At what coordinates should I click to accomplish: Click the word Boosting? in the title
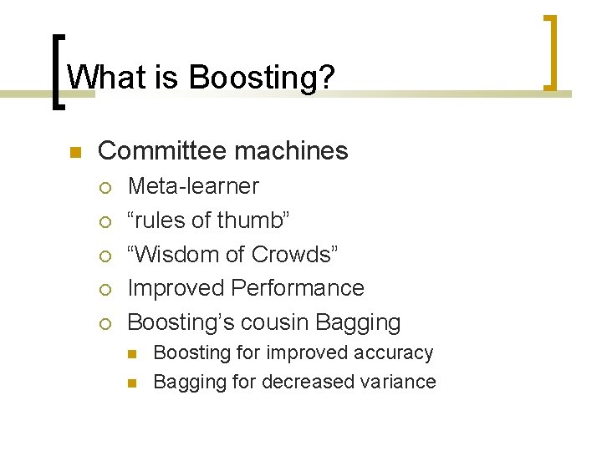tap(263, 79)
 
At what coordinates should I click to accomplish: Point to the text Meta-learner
tap(193, 186)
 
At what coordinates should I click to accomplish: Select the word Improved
tap(176, 288)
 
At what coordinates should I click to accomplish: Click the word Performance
tap(298, 288)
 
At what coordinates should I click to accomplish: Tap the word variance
tap(396, 382)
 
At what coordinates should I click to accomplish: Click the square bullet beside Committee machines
tap(74, 152)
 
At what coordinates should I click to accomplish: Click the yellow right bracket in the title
tap(550, 52)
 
